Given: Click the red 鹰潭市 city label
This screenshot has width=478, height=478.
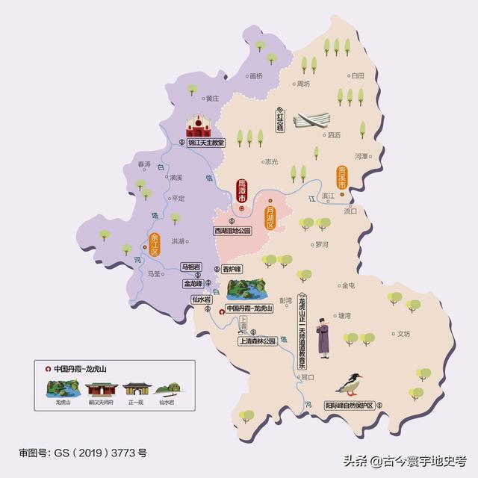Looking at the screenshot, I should click(241, 190).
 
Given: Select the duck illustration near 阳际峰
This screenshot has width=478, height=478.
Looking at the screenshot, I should click(349, 383).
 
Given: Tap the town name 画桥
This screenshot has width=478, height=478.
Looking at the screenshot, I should click(256, 75).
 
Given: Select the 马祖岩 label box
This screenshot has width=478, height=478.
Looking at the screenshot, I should click(192, 266).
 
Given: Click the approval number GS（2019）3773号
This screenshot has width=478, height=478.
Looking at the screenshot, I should click(83, 453).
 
